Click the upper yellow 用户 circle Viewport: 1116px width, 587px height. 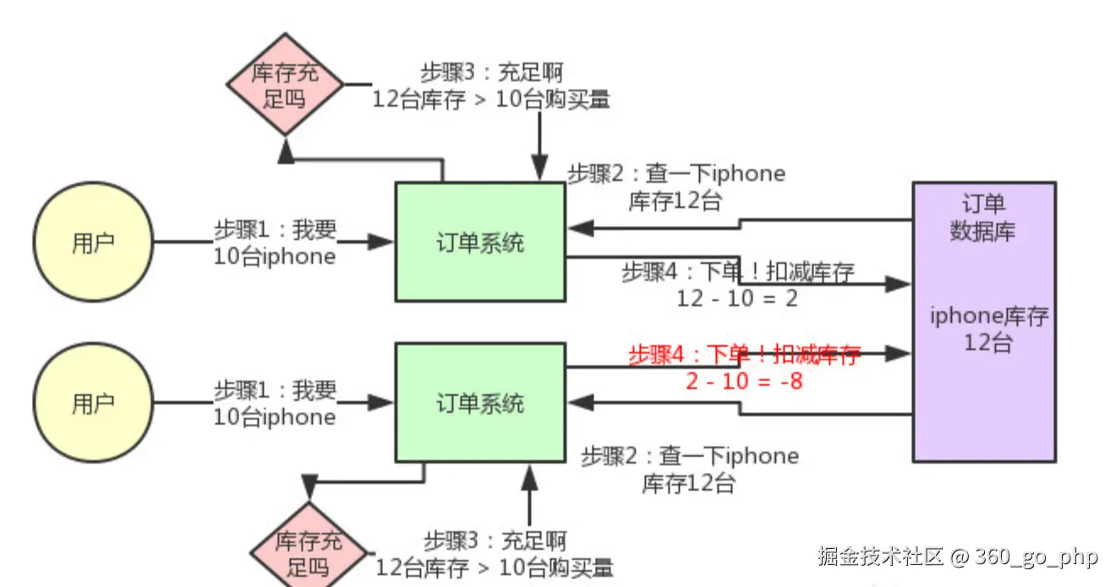tap(93, 242)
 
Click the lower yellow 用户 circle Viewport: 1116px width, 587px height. tap(93, 403)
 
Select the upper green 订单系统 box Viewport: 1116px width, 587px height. tap(479, 242)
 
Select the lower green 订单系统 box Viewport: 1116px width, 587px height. tap(479, 403)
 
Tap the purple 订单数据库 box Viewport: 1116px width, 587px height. tap(983, 321)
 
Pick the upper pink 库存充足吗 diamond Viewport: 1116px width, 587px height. tap(285, 85)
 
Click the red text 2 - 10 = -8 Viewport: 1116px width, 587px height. tap(744, 381)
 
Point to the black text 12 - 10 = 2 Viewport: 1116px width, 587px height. tap(737, 298)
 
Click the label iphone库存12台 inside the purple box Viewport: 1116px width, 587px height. tap(988, 329)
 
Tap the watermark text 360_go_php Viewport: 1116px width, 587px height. tap(1036, 557)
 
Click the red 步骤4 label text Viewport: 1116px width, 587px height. tap(744, 354)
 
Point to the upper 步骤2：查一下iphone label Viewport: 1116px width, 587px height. tap(676, 174)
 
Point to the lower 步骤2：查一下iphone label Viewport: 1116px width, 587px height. tap(690, 457)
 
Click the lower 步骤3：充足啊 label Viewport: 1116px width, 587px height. tap(495, 540)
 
